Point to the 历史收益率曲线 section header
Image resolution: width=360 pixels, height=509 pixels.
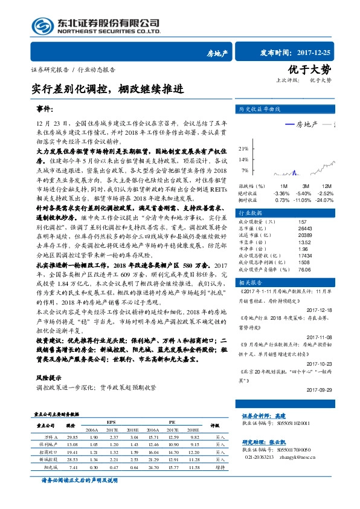[260, 110]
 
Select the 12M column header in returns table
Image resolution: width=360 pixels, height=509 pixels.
[327, 186]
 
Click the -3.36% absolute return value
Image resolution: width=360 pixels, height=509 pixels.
[281, 192]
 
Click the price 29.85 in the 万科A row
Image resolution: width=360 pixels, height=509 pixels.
[73, 436]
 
